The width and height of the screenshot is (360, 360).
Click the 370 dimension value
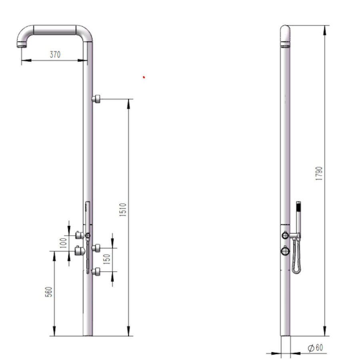click(x=55, y=55)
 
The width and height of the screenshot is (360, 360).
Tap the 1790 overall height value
click(x=319, y=174)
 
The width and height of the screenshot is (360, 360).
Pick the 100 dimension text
click(x=63, y=243)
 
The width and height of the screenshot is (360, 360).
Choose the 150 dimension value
click(x=107, y=260)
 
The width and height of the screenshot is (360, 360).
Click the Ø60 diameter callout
click(x=315, y=348)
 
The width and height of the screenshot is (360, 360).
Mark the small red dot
click(x=144, y=77)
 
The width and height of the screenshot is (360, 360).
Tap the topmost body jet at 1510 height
click(x=96, y=99)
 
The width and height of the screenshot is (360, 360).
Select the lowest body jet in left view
click(x=96, y=272)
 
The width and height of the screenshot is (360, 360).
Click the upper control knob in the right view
click(x=285, y=235)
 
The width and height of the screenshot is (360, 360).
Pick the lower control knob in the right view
click(x=285, y=251)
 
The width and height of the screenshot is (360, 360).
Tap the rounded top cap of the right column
click(x=285, y=30)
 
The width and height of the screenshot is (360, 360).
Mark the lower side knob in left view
click(x=80, y=251)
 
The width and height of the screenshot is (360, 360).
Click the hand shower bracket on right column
click(x=295, y=236)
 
